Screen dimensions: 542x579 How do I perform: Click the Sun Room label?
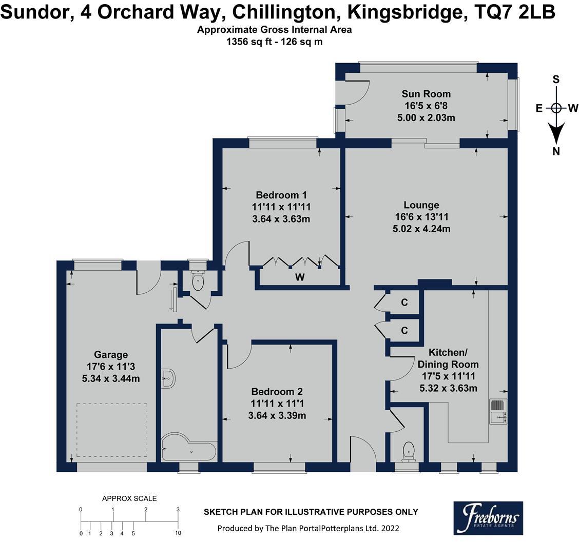(x=426, y=94)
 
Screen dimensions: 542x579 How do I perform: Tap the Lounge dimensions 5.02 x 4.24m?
(x=421, y=229)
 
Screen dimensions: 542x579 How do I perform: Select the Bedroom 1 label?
(x=281, y=195)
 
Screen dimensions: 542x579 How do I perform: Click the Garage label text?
(x=111, y=355)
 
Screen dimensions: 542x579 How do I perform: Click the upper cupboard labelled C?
(x=404, y=303)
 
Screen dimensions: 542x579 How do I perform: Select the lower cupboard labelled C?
(x=404, y=331)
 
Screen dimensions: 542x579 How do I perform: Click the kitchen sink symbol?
(x=497, y=412)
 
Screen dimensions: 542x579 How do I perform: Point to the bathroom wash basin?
(x=168, y=379)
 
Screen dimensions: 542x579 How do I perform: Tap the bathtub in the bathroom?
(x=188, y=449)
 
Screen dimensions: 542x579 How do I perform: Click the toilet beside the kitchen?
(x=409, y=451)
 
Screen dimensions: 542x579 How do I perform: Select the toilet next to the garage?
(x=198, y=279)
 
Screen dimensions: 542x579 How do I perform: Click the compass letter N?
(x=556, y=151)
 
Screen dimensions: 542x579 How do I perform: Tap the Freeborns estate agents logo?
(x=488, y=518)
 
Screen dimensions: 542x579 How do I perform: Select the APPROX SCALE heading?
(x=129, y=498)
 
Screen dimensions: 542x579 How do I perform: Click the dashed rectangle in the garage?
(x=112, y=430)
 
